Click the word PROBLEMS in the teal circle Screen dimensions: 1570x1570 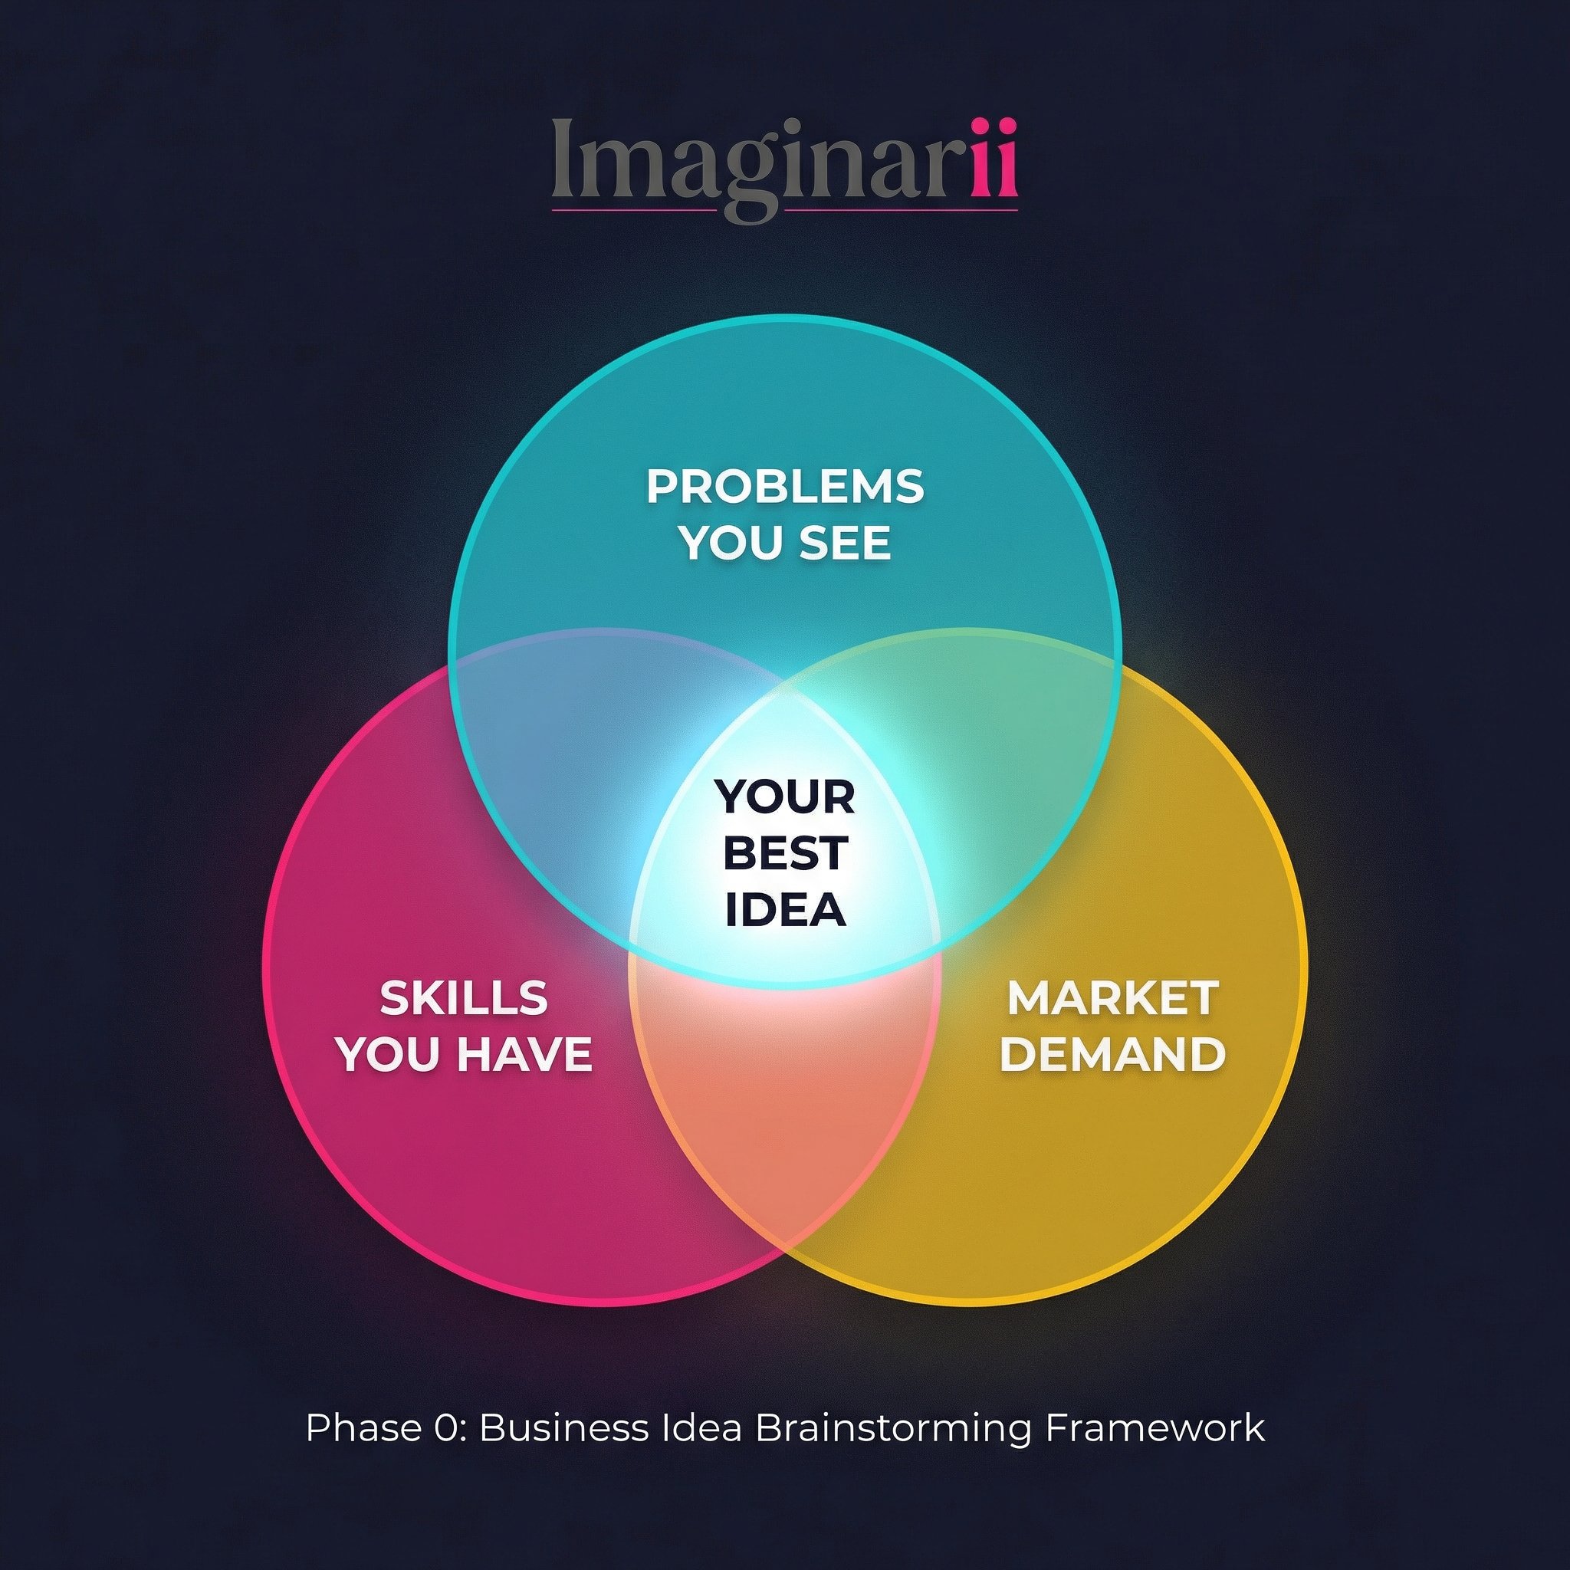pyautogui.click(x=785, y=487)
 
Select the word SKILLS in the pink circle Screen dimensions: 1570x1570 pyautogui.click(x=464, y=998)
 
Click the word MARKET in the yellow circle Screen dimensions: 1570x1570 pyautogui.click(x=1112, y=998)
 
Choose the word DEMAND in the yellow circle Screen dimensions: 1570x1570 pyautogui.click(x=1112, y=1054)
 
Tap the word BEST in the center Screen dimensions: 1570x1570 pyautogui.click(x=785, y=852)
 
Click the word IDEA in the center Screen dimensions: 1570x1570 pyautogui.click(x=785, y=908)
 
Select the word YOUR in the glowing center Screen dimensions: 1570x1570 pyautogui.click(x=785, y=796)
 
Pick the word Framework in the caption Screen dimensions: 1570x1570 pyautogui.click(x=1154, y=1427)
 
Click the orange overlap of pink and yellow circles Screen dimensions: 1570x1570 pyautogui.click(x=785, y=1113)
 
